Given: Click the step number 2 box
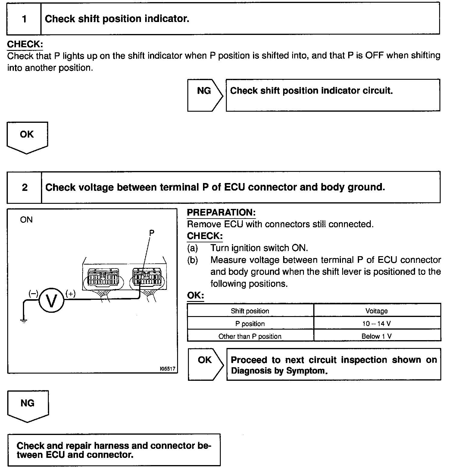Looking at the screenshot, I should (x=24, y=188).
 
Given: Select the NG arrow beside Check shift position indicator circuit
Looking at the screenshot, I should (x=205, y=95).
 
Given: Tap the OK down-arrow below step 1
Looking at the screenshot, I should (x=27, y=137).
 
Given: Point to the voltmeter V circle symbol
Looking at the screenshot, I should (x=52, y=301).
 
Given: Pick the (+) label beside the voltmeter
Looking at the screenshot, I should (x=70, y=293).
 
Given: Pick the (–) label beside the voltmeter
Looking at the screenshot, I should (x=33, y=293).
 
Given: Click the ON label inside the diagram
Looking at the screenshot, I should (x=26, y=220).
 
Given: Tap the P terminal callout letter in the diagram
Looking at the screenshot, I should (x=152, y=232).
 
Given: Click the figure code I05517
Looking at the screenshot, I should (x=168, y=369).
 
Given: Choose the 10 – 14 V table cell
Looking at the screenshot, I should (x=377, y=324).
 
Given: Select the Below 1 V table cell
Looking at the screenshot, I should (x=377, y=336).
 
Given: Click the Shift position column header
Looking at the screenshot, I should (x=250, y=311).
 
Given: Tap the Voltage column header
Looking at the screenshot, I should (x=377, y=311).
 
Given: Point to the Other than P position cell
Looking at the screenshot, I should (x=250, y=336).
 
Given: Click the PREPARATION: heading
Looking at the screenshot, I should (x=221, y=212).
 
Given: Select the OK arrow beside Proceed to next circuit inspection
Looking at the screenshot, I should (x=205, y=364).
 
